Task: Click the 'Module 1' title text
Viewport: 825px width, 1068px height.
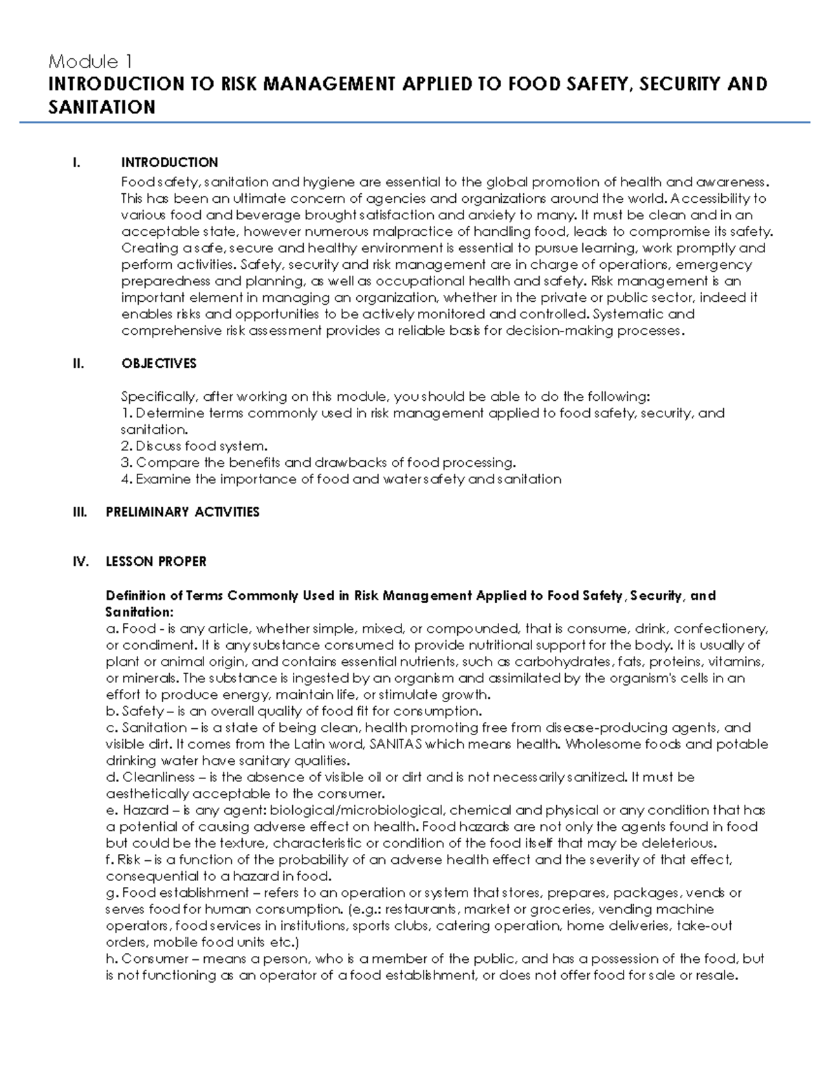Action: tap(90, 62)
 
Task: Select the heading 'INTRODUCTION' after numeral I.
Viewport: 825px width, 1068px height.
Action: tap(169, 162)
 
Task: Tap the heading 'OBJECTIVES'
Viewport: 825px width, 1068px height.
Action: tap(159, 363)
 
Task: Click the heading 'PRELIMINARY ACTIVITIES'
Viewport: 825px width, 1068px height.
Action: tap(182, 512)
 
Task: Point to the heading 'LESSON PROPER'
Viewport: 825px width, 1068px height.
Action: tap(155, 561)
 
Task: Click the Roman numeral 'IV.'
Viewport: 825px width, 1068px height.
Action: tap(80, 561)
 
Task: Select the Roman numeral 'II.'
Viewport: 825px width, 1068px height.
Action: tap(78, 363)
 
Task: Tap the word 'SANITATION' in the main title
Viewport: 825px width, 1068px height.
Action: tap(102, 107)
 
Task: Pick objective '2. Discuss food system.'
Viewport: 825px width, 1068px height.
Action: tap(194, 446)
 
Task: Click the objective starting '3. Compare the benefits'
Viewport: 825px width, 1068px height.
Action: tap(318, 462)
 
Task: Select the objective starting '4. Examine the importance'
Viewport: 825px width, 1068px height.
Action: tap(341, 479)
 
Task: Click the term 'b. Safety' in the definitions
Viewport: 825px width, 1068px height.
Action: tap(135, 711)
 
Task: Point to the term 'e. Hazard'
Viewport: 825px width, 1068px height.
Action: tap(137, 810)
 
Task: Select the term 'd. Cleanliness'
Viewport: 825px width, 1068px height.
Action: tap(150, 777)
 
